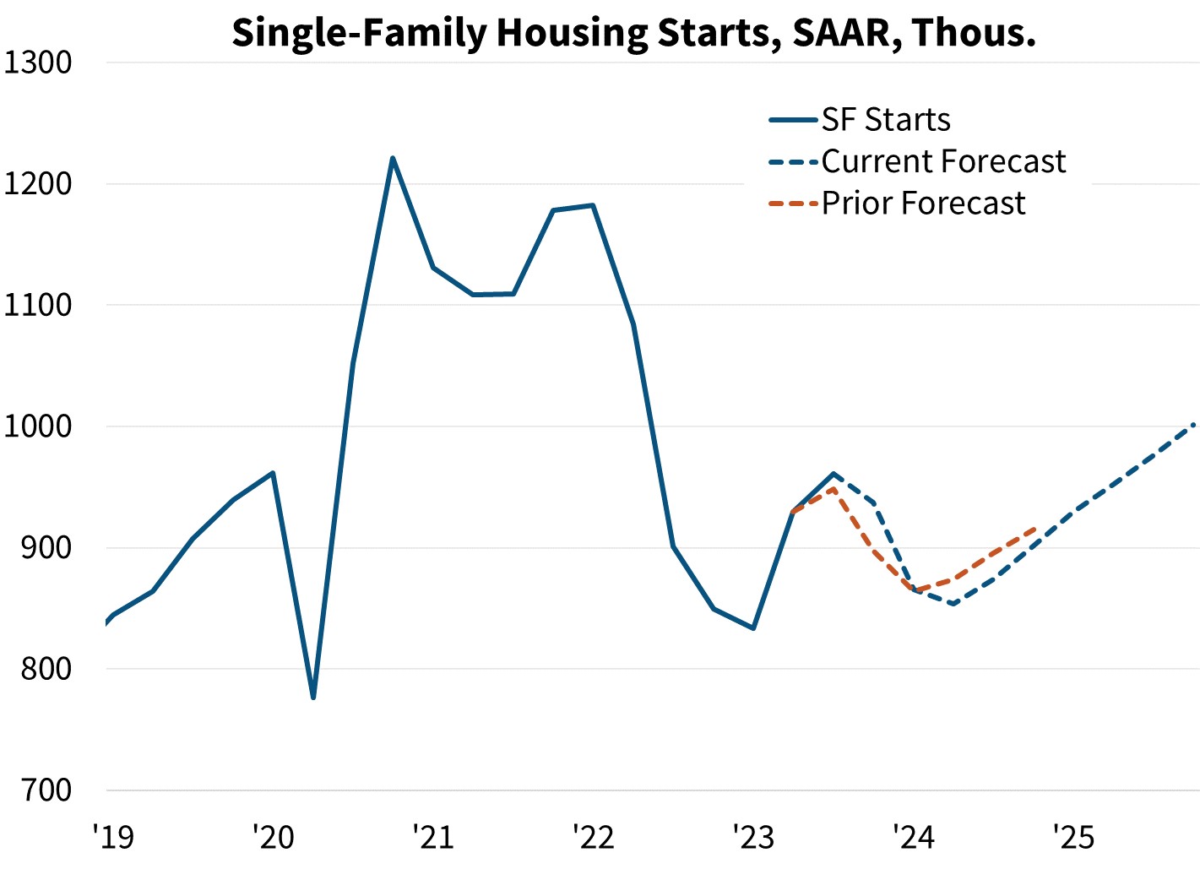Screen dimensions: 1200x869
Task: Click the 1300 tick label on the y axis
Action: coord(37,62)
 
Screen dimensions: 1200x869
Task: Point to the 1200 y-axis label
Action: coord(37,184)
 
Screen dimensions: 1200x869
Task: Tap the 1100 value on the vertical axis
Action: coord(37,306)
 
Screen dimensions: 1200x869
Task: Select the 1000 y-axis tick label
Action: coord(37,426)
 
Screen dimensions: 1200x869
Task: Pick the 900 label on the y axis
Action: coord(46,547)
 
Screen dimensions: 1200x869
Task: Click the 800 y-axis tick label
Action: coord(46,669)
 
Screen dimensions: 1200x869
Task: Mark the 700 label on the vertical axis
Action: coord(46,790)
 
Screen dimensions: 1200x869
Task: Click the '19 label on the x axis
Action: coord(113,837)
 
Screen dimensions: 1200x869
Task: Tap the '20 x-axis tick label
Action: coord(274,837)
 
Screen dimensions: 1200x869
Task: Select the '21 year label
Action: coord(433,837)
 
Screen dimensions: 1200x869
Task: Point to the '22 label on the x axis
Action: coord(594,837)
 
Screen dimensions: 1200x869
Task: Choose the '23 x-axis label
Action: coord(754,837)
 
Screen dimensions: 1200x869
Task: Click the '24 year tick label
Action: coord(914,837)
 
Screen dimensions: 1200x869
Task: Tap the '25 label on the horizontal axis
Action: coord(1074,837)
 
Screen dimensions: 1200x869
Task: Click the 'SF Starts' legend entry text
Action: coord(886,119)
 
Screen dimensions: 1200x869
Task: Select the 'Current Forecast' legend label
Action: coord(944,161)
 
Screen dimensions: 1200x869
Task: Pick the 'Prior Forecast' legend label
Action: coord(924,203)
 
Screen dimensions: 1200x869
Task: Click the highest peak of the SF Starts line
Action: coord(393,158)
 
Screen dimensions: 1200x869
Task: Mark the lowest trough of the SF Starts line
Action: coord(313,698)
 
